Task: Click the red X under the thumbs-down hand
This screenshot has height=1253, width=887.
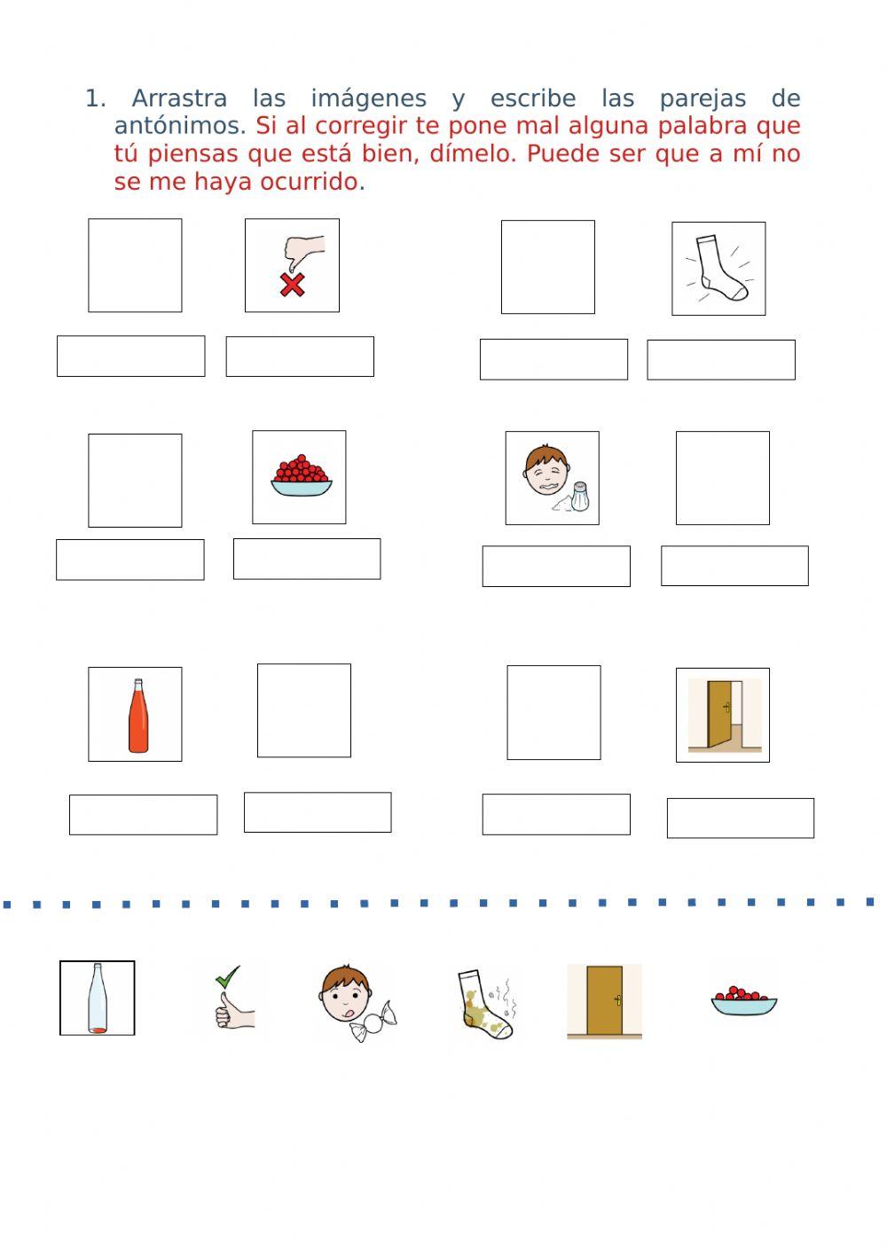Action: tap(292, 285)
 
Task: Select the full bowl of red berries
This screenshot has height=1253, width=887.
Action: tap(301, 475)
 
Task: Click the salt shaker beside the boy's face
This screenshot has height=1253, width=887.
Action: tap(580, 497)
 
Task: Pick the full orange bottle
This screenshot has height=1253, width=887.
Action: tap(138, 716)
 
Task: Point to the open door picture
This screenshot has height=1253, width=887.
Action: tap(725, 715)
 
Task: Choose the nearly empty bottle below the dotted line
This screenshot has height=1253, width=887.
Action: tap(98, 998)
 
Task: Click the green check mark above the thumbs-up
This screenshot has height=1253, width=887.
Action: tap(228, 976)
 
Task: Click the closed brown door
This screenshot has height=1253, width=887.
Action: tap(604, 1001)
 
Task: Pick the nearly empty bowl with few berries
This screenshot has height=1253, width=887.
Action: tap(743, 1001)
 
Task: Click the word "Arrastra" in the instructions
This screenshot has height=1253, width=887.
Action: tap(179, 98)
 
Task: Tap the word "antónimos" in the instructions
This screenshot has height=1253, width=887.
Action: tap(180, 126)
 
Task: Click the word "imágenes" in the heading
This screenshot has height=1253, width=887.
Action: tap(369, 99)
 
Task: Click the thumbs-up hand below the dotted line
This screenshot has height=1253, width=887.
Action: tap(234, 1010)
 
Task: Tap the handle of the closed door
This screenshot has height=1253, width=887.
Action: tap(618, 1000)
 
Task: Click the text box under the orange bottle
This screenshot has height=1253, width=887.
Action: tap(144, 814)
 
